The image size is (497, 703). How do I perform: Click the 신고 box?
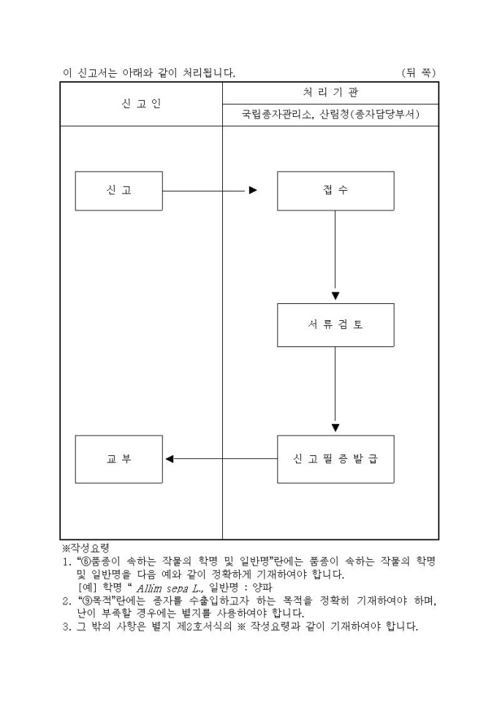pyautogui.click(x=118, y=191)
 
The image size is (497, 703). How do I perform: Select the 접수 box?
pyautogui.click(x=335, y=191)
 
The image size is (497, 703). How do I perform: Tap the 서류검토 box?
pyautogui.click(x=335, y=325)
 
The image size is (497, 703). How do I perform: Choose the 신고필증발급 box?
pyautogui.click(x=335, y=459)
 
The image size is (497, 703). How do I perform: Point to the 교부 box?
pyautogui.click(x=118, y=459)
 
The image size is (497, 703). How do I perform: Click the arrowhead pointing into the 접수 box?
pyautogui.click(x=253, y=191)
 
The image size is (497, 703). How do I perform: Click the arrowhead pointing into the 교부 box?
pyautogui.click(x=170, y=459)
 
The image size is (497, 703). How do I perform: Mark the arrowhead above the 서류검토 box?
pyautogui.click(x=335, y=296)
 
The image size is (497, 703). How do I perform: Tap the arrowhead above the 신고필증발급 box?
pyautogui.click(x=335, y=428)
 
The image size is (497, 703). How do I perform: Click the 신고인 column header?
pyautogui.click(x=141, y=104)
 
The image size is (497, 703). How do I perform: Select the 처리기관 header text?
pyautogui.click(x=330, y=93)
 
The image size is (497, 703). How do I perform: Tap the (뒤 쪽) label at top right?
pyautogui.click(x=419, y=72)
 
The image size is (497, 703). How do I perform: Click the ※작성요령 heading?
pyautogui.click(x=85, y=547)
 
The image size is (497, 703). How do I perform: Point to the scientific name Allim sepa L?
pyautogui.click(x=171, y=588)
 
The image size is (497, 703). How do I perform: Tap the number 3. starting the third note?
pyautogui.click(x=66, y=626)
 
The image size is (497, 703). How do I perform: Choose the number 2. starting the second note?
pyautogui.click(x=66, y=600)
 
